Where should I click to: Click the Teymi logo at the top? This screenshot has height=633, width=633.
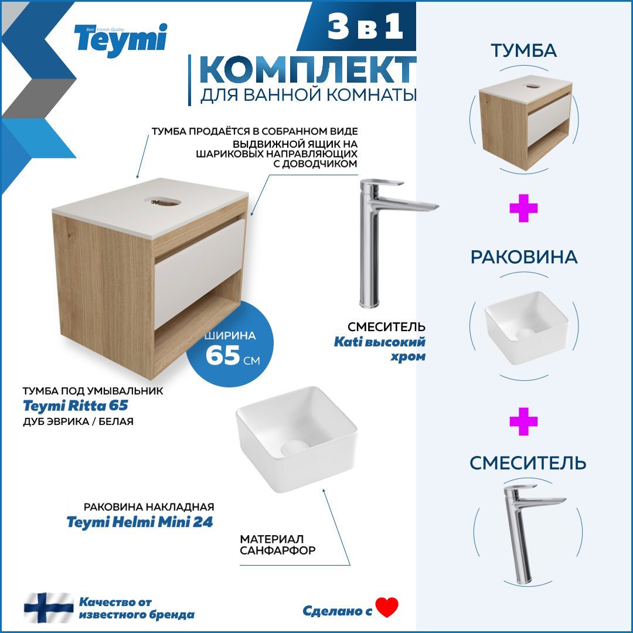120,39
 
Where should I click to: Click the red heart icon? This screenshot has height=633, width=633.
387,607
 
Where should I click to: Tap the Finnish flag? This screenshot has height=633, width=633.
49,608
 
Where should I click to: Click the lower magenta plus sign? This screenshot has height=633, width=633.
523,422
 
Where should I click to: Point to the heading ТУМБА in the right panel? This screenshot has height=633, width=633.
524,51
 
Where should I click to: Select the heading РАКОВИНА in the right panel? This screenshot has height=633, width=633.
524,257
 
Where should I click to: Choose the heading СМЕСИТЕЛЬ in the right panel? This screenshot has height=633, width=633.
527,463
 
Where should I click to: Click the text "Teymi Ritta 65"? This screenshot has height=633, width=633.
75,406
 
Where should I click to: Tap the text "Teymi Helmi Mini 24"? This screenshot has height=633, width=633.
139,522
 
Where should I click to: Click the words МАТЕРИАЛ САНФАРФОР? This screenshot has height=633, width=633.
278,544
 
